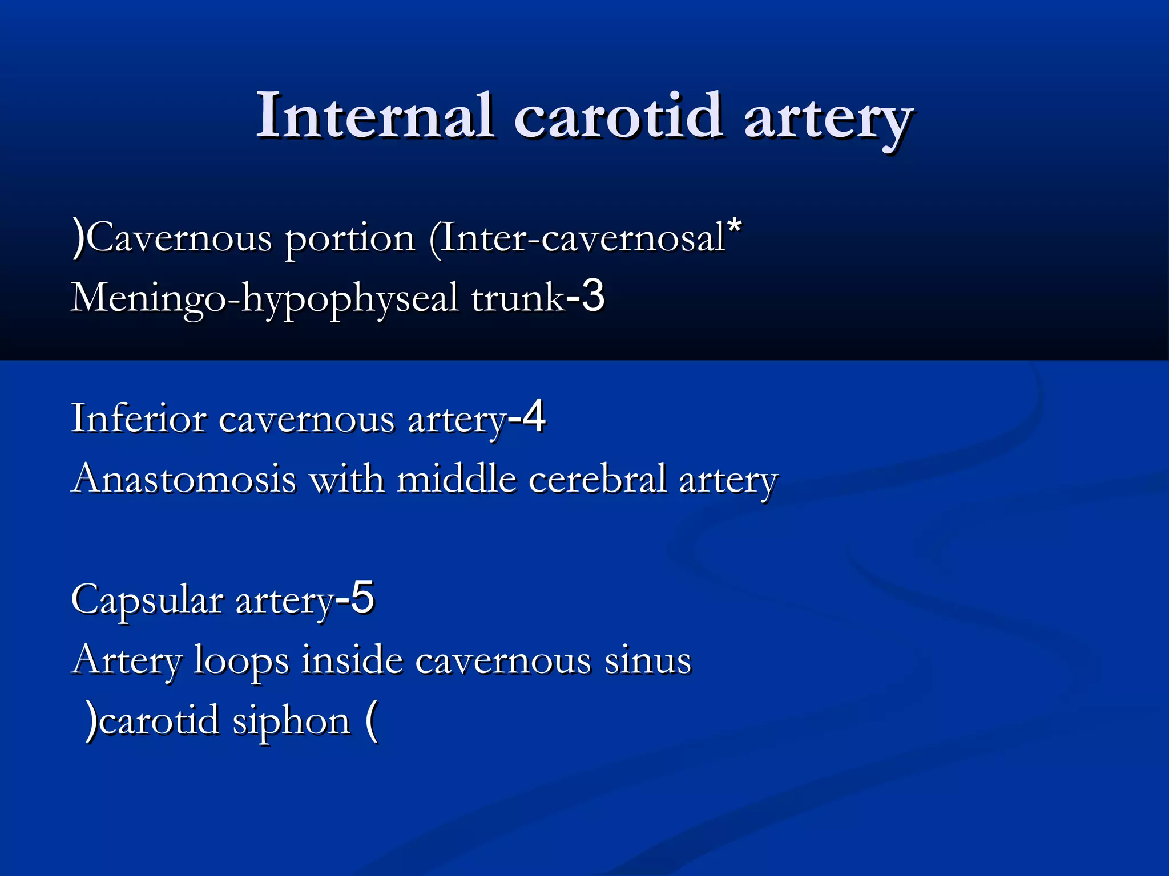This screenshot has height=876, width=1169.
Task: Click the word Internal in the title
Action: (374, 116)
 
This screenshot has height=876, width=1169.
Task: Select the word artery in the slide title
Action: (828, 120)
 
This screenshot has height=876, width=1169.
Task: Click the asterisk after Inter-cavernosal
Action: (735, 227)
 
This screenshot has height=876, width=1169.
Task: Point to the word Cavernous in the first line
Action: (180, 238)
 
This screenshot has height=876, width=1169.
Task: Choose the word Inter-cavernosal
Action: (582, 238)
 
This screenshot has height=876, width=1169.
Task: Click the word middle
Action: (456, 478)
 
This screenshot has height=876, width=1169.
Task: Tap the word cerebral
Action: (597, 478)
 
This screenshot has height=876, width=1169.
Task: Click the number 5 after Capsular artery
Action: (362, 598)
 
